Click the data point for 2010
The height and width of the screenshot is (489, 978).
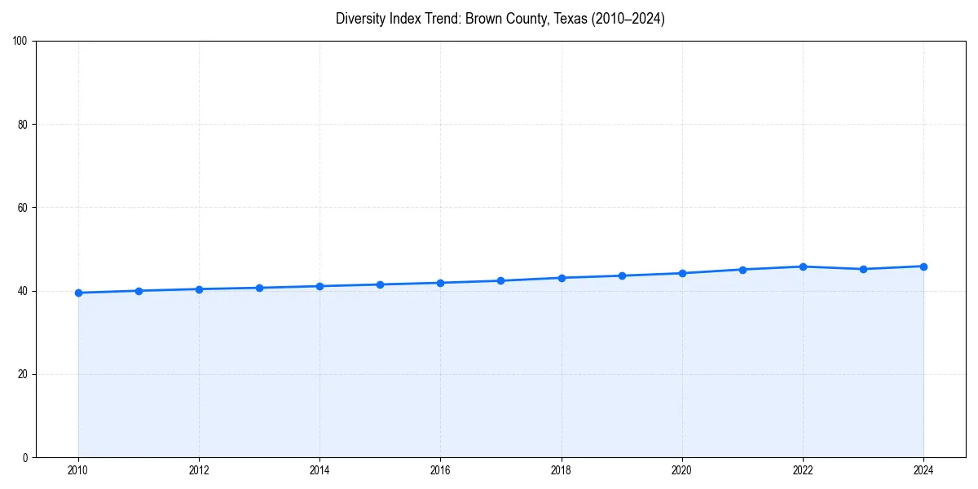point(78,293)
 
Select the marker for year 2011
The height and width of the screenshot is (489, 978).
point(139,291)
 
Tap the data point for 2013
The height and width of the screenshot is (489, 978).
point(259,288)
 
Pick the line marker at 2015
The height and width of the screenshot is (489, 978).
point(380,284)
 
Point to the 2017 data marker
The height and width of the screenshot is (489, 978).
point(500,280)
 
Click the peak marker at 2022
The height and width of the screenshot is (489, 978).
point(803,267)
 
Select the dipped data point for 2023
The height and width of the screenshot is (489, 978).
point(863,269)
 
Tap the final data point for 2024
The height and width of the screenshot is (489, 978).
point(923,267)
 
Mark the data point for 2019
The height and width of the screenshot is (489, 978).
point(622,275)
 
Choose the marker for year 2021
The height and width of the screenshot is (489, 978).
point(742,270)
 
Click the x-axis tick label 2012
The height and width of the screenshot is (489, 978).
point(199,470)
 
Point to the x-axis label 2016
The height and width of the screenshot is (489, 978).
point(440,470)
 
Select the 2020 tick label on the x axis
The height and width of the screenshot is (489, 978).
point(682,470)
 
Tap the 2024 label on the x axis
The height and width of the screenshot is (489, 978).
point(923,470)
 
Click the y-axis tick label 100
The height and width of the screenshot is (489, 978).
point(20,42)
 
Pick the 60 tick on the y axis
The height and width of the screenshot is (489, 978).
point(23,208)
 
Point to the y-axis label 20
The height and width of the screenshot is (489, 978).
point(23,374)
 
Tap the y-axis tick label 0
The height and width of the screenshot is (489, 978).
point(25,457)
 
